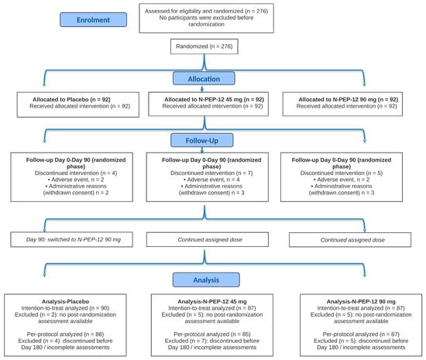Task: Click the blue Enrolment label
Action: (93, 20)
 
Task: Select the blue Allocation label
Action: (204, 79)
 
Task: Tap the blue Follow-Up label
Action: (202, 140)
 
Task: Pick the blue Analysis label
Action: (206, 280)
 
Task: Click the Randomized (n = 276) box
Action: (204, 46)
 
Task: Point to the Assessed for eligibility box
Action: (206, 18)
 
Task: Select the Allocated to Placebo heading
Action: (71, 99)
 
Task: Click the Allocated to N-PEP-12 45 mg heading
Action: (214, 99)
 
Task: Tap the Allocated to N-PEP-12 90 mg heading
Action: (349, 99)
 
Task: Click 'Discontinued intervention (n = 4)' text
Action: (76, 173)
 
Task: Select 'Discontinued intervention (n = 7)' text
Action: (211, 173)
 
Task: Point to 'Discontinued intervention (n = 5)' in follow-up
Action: (342, 173)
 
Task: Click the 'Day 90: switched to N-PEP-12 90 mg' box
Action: (72, 239)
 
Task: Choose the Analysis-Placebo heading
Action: (65, 301)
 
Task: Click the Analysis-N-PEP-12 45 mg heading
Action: (212, 301)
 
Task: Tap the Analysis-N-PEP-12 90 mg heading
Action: (361, 301)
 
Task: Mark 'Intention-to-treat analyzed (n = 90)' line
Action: (65, 308)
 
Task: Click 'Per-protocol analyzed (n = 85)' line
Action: (212, 334)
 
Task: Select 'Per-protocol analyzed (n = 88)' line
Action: (65, 334)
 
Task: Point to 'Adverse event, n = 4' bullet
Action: (211, 180)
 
